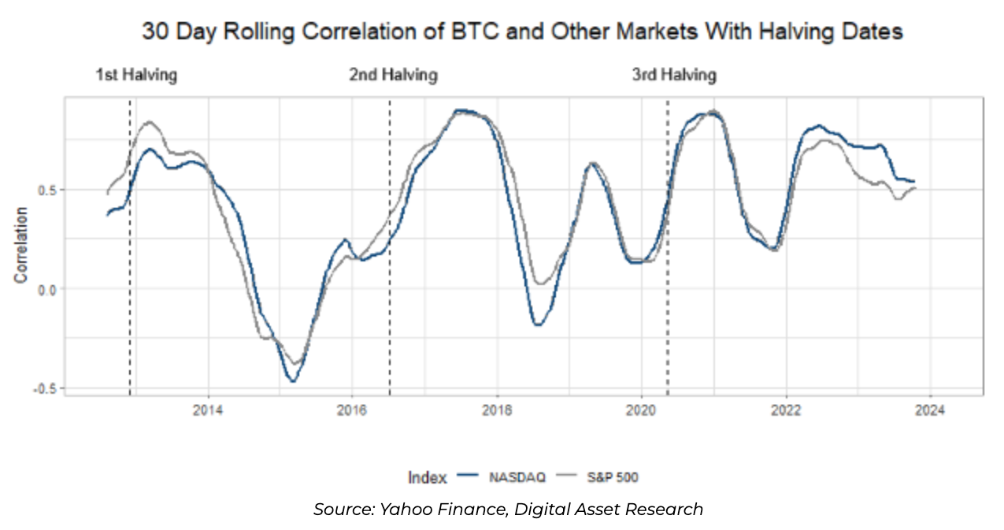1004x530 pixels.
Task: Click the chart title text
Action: click(521, 32)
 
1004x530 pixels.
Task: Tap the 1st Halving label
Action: click(136, 76)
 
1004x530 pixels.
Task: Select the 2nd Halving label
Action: click(393, 76)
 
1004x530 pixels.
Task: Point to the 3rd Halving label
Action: click(674, 76)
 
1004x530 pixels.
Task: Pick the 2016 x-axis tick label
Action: click(352, 410)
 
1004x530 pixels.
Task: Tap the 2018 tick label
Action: click(497, 410)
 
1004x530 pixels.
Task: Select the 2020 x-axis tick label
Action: click(641, 410)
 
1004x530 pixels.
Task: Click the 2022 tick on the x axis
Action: click(786, 410)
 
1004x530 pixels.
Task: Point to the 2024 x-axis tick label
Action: click(930, 410)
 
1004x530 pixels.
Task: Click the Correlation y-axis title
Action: click(21, 245)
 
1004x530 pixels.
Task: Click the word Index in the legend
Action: click(427, 477)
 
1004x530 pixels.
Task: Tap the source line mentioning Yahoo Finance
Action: click(508, 510)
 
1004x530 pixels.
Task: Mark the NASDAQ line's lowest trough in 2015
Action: click(293, 381)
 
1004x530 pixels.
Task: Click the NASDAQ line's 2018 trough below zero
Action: click(537, 324)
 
